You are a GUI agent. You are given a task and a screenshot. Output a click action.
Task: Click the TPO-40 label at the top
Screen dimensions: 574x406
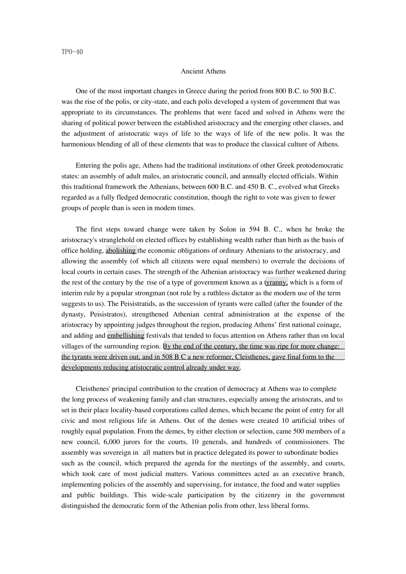72,52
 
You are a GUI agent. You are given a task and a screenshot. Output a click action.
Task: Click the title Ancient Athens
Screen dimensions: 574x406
203,71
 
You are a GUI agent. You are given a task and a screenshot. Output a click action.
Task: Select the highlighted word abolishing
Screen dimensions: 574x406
121,251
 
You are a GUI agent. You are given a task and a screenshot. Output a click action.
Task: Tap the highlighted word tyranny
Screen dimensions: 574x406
276,282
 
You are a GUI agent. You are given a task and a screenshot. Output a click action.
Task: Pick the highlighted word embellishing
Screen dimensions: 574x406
126,336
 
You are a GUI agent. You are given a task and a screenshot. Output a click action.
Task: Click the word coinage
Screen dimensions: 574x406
329,325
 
